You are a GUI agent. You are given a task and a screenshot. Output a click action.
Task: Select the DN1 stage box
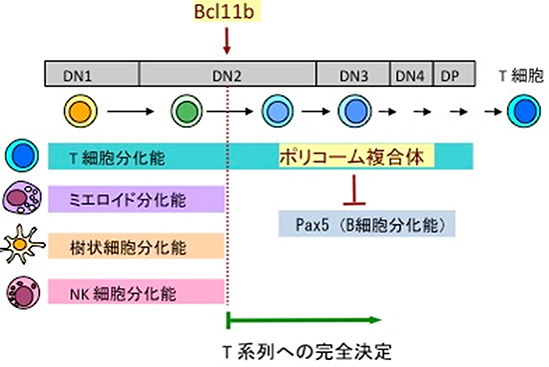point(91,73)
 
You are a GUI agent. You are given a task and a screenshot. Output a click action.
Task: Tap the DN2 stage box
point(228,73)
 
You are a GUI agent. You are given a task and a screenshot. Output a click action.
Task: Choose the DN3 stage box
point(353,73)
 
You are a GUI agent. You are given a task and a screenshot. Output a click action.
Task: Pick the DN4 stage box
point(409,73)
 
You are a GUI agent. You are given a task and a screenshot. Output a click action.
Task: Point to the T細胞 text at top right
point(520,73)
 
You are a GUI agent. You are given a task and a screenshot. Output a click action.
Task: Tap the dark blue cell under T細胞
point(520,109)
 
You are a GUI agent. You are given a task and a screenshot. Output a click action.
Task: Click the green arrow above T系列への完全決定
point(303,320)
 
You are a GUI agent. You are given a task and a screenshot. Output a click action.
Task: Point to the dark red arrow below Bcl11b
point(229,41)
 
